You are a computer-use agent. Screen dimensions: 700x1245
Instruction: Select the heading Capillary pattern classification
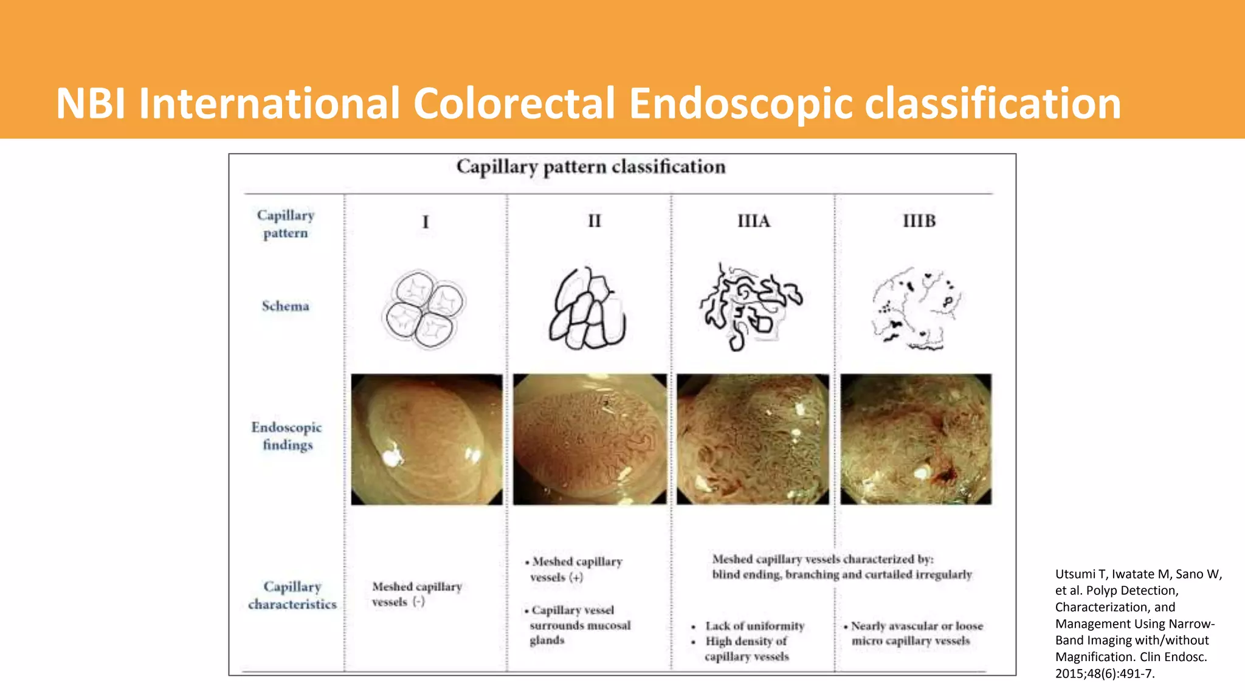pyautogui.click(x=591, y=166)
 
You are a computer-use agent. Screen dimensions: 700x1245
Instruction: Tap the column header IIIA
pyautogui.click(x=753, y=221)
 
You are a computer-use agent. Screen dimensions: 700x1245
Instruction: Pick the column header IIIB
pyautogui.click(x=919, y=221)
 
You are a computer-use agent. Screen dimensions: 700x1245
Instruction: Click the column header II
pyautogui.click(x=594, y=221)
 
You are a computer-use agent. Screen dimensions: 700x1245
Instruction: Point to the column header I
pyautogui.click(x=426, y=222)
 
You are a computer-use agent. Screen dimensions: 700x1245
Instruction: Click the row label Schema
pyautogui.click(x=285, y=306)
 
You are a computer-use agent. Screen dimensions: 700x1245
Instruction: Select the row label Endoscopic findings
pyautogui.click(x=286, y=436)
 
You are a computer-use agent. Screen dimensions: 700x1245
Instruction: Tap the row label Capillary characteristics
pyautogui.click(x=292, y=595)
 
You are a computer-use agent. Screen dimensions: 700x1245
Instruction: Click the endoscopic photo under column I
pyautogui.click(x=427, y=439)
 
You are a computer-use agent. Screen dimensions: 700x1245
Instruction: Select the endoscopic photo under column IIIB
pyautogui.click(x=916, y=439)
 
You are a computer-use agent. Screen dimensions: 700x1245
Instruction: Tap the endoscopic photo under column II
pyautogui.click(x=589, y=439)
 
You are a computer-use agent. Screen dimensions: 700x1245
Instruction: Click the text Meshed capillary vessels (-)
pyautogui.click(x=416, y=594)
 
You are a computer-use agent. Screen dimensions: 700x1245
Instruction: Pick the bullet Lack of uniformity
pyautogui.click(x=754, y=626)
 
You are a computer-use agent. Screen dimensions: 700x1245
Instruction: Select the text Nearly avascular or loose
pyautogui.click(x=917, y=626)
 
